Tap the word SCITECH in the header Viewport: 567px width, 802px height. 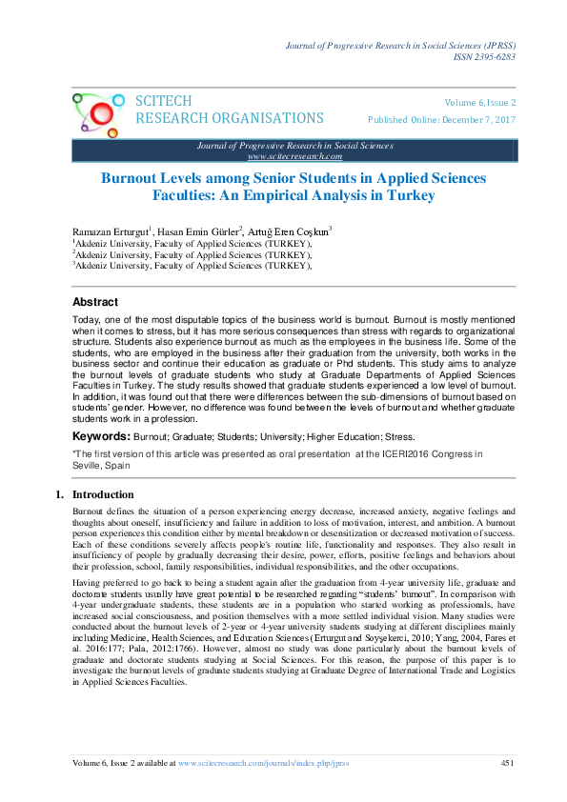click(164, 102)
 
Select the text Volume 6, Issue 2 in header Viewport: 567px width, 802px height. click(480, 103)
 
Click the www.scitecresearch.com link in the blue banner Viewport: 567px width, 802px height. click(294, 155)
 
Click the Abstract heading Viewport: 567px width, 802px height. click(95, 300)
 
